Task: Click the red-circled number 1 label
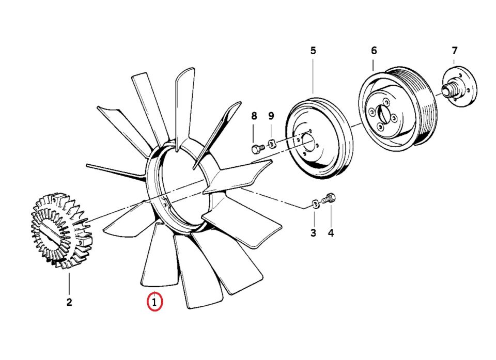[154, 302]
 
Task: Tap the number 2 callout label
[69, 302]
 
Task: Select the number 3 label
[313, 233]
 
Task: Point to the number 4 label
[331, 233]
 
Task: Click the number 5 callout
[313, 51]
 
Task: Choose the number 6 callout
[374, 51]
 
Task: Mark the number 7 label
[455, 51]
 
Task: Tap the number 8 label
[254, 116]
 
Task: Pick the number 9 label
[271, 116]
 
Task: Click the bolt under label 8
[258, 148]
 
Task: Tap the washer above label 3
[315, 204]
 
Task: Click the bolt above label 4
[329, 199]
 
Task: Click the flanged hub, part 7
[460, 86]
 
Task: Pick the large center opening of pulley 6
[382, 115]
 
